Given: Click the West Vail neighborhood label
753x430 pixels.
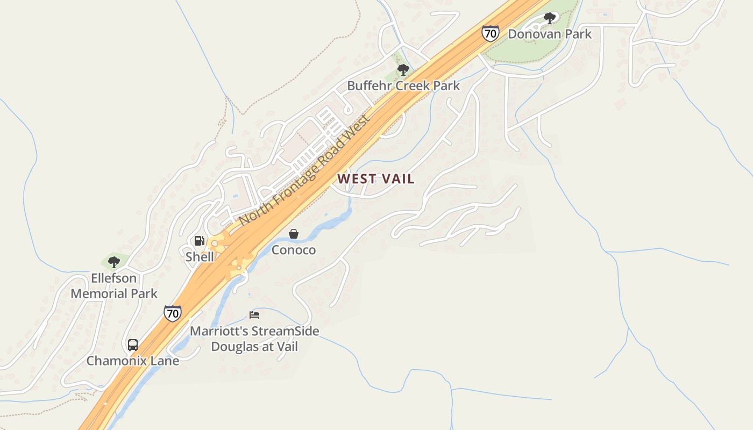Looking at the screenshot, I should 376,179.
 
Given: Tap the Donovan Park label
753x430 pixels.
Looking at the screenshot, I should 549,34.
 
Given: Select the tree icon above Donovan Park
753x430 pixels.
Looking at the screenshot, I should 549,18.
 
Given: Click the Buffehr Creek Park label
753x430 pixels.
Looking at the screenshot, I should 403,85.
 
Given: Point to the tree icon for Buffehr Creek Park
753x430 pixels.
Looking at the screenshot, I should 403,70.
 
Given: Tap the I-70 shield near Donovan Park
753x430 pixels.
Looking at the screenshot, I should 490,33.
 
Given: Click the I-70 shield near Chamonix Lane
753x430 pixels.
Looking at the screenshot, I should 173,313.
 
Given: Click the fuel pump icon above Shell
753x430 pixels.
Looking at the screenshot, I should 200,241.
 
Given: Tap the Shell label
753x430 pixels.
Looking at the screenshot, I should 200,257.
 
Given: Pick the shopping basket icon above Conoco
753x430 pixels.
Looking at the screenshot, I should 294,234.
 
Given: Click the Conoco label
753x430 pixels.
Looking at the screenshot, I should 294,250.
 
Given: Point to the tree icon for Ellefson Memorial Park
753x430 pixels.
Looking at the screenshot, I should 113,262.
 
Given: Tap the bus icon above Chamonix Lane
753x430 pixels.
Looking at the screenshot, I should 133,345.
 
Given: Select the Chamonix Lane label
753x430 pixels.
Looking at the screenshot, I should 133,361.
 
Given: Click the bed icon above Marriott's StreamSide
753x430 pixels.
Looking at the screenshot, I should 254,315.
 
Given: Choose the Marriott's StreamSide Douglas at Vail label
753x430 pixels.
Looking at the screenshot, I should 254,339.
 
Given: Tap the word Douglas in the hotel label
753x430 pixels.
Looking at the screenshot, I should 233,347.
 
